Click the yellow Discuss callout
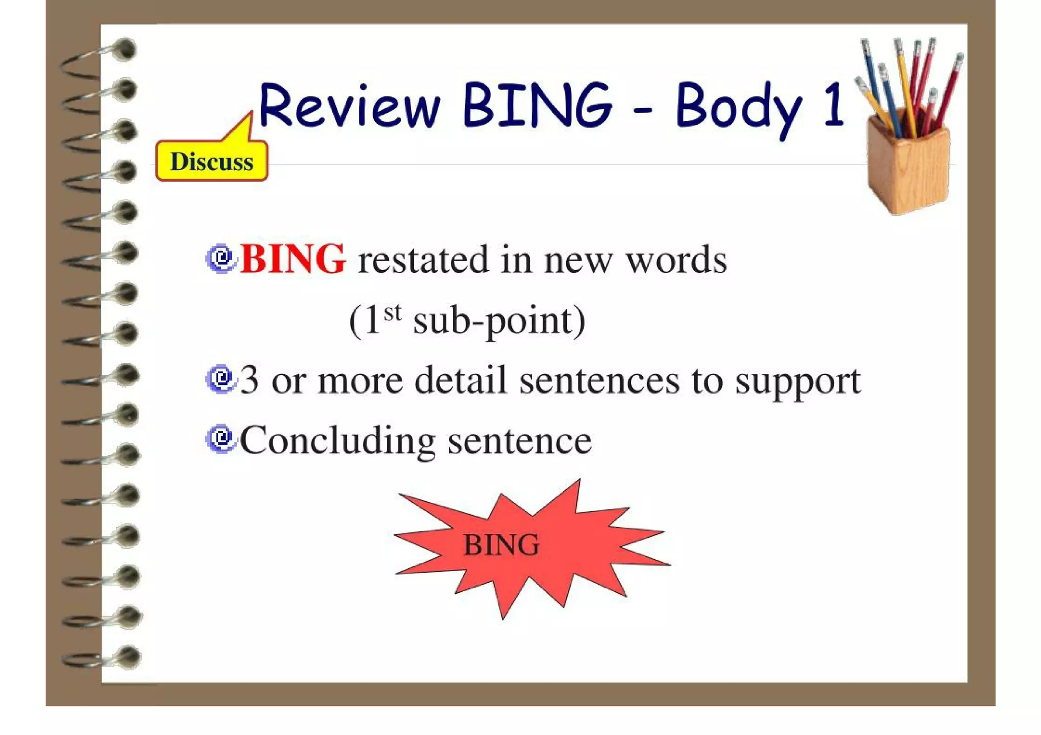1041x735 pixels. pos(211,161)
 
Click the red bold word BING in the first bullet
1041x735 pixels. pos(293,259)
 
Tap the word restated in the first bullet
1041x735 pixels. pos(423,260)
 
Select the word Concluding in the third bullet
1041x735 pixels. pos(338,440)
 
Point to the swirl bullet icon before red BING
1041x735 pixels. pos(221,259)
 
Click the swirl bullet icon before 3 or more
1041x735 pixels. pos(221,379)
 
